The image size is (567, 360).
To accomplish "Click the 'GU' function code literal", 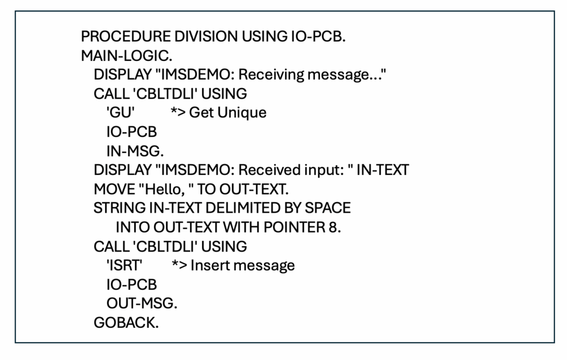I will tap(120, 112).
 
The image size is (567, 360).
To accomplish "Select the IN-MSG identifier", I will tap(135, 151).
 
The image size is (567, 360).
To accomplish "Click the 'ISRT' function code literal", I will tap(124, 265).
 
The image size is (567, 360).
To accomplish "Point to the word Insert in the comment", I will tap(212, 265).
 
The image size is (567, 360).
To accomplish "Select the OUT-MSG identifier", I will tap(142, 304).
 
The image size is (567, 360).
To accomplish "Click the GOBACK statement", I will tap(126, 323).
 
